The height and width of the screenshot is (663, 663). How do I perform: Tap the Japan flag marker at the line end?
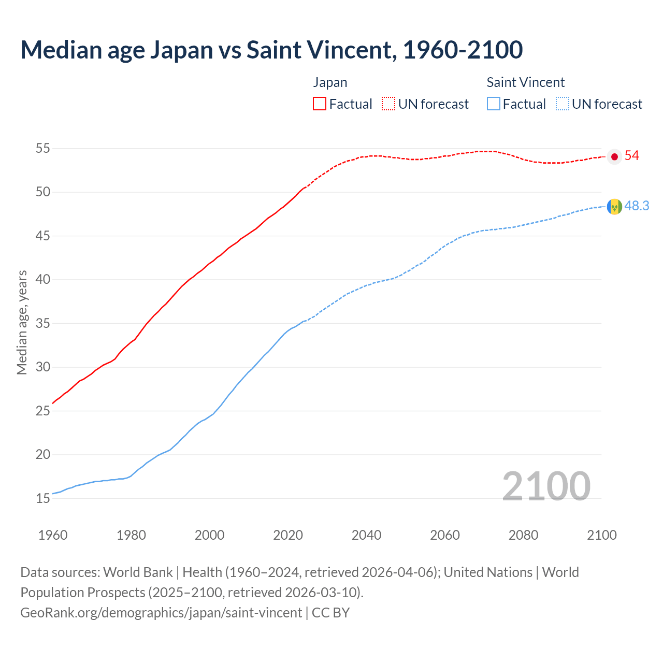point(614,156)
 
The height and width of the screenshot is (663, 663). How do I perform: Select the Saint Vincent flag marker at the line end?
point(614,207)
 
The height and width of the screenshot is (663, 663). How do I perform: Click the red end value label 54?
point(631,156)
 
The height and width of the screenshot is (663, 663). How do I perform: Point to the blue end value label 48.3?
point(637,206)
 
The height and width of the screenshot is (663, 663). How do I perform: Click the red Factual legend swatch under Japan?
point(320,104)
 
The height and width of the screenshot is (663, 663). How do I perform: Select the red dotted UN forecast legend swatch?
point(388,104)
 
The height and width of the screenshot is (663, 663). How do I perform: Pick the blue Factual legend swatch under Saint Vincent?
point(494,104)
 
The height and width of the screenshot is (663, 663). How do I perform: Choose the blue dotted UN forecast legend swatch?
point(563,104)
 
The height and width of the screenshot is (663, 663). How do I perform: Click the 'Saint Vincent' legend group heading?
point(525,82)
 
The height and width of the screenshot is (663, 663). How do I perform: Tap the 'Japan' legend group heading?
point(330,82)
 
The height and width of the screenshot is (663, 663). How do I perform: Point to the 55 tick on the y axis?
point(42,149)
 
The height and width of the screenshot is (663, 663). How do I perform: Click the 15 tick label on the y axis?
point(42,499)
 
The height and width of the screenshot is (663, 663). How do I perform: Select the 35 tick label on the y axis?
point(42,324)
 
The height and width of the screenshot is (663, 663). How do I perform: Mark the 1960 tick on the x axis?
point(53,535)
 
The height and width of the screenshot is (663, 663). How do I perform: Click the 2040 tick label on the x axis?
point(366,535)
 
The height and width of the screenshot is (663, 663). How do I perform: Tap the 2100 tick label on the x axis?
point(601,535)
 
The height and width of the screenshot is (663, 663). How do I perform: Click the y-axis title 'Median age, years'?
point(22,322)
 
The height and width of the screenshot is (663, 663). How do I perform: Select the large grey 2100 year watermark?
point(546,486)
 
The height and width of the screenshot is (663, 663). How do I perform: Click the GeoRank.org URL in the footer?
point(161,613)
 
